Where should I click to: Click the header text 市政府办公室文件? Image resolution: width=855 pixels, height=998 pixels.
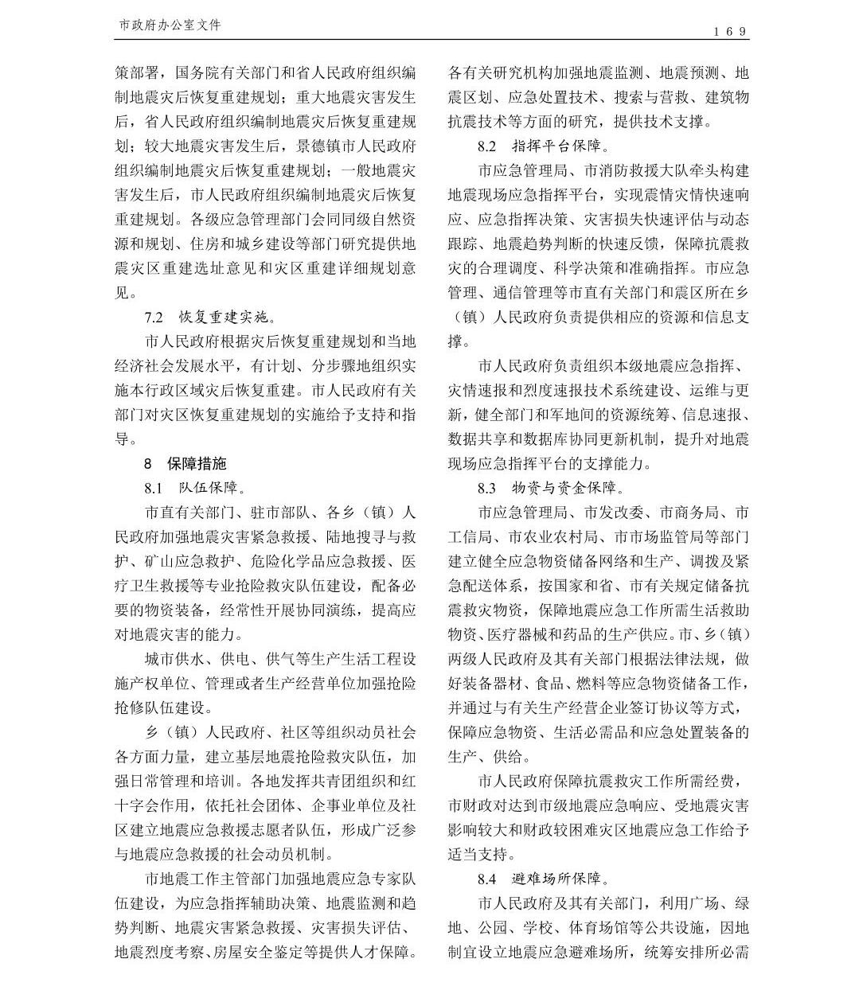click(x=170, y=25)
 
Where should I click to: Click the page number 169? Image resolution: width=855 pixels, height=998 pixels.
click(x=730, y=32)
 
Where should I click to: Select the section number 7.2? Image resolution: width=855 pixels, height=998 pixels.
click(x=154, y=317)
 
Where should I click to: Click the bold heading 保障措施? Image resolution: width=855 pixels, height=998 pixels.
click(x=197, y=463)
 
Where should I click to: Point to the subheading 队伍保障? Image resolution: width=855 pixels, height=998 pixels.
click(x=206, y=488)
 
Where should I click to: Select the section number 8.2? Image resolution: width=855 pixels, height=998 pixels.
click(x=486, y=146)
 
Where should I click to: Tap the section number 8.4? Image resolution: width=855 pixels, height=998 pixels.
click(x=486, y=879)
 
